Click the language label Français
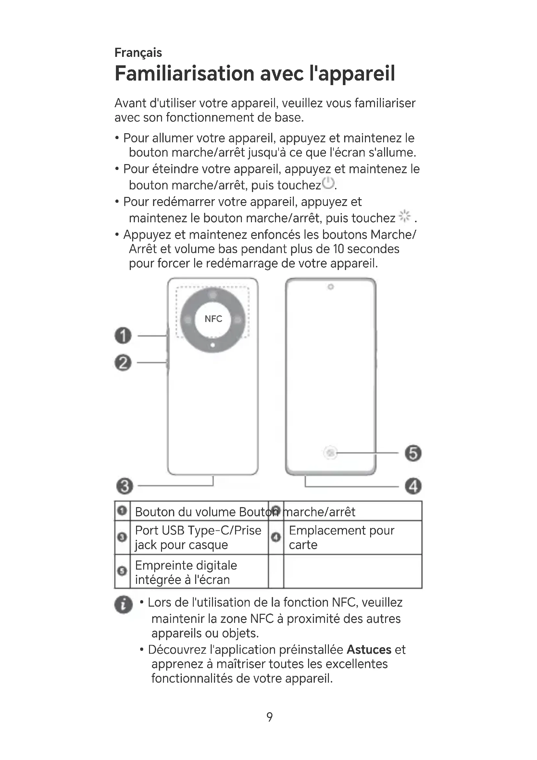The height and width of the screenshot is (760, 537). pos(138,53)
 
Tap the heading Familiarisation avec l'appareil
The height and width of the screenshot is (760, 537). pos(255,73)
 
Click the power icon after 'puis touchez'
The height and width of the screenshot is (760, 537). pos(328,183)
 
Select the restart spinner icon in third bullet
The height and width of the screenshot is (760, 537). pos(405,216)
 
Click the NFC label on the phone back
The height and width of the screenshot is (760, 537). pos(213,319)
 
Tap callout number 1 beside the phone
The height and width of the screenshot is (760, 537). pos(123,336)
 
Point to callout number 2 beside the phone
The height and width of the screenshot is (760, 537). pos(123,363)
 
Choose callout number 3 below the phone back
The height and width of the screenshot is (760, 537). pos(125,486)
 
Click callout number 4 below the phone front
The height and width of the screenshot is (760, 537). pos(413,486)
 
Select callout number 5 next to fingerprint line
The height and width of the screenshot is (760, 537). pos(413,453)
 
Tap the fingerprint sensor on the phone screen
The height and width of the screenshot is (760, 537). pos(331,453)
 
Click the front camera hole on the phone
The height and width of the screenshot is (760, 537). pos(330,287)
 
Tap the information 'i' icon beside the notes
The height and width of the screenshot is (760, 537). pos(123,605)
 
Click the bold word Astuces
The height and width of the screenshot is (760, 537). pos(369,650)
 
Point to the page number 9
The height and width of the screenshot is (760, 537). pos(269,717)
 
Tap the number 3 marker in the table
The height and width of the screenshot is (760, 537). pos(122,537)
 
